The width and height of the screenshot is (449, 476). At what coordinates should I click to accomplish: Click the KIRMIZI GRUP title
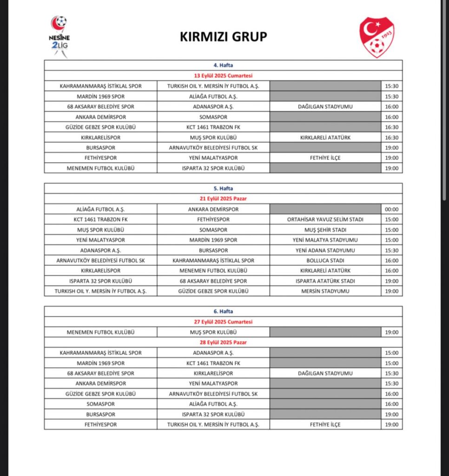(x=224, y=37)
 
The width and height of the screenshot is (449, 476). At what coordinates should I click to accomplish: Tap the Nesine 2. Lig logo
(x=59, y=36)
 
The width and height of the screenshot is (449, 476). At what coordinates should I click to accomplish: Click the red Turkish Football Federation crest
(x=376, y=37)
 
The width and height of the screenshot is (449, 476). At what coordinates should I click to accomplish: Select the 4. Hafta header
(x=223, y=66)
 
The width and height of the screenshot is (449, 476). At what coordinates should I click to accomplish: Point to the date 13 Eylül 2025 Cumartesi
(x=223, y=76)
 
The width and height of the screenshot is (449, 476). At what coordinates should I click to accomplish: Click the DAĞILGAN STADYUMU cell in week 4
(x=325, y=106)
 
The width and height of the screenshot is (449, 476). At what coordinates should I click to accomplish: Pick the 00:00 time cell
(x=391, y=209)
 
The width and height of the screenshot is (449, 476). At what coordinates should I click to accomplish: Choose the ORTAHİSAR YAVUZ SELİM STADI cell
(x=325, y=219)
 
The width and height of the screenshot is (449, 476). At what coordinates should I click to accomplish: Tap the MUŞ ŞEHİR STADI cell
(x=325, y=230)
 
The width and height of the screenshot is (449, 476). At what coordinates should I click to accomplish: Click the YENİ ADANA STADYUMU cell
(x=325, y=250)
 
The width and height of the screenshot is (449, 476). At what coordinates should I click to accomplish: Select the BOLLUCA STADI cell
(x=325, y=260)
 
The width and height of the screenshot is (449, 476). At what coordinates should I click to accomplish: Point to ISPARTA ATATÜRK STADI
(x=325, y=281)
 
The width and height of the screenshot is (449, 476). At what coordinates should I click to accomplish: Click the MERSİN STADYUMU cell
(x=325, y=291)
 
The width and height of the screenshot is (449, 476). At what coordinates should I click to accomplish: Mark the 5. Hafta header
(x=223, y=189)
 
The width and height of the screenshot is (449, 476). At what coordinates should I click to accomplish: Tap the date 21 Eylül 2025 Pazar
(x=223, y=199)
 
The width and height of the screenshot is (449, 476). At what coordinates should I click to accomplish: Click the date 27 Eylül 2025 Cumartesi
(x=223, y=322)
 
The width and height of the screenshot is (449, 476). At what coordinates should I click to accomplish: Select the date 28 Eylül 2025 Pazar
(x=223, y=342)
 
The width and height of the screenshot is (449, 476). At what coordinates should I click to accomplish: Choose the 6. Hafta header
(x=223, y=311)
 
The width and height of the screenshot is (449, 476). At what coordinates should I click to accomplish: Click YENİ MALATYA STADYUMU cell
(x=325, y=240)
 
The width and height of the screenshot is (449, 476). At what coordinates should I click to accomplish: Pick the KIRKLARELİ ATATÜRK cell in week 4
(x=325, y=137)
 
